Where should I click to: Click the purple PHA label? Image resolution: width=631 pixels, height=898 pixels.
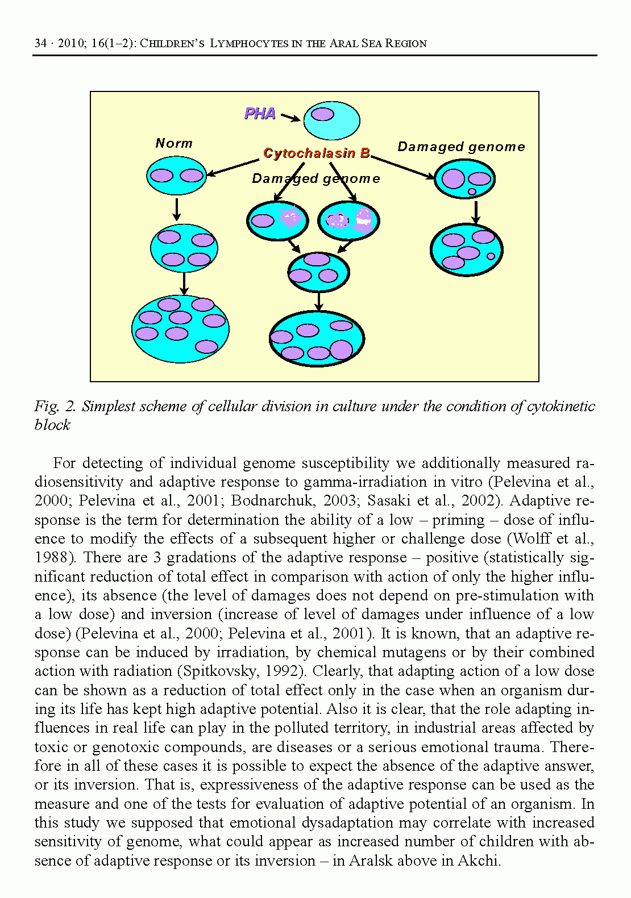pyautogui.click(x=260, y=114)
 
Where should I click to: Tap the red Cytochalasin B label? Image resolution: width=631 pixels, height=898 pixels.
pyautogui.click(x=317, y=153)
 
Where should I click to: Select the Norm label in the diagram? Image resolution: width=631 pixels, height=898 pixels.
pyautogui.click(x=174, y=143)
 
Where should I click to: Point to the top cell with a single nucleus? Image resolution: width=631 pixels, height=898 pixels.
pyautogui.click(x=331, y=120)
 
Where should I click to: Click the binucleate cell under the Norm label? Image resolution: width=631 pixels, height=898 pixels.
pyautogui.click(x=176, y=176)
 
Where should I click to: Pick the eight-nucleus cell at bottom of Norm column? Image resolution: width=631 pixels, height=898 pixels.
pyautogui.click(x=180, y=329)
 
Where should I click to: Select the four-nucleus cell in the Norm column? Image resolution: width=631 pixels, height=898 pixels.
pyautogui.click(x=184, y=248)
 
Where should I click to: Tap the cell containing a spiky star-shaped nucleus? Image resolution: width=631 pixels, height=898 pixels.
pyautogui.click(x=277, y=220)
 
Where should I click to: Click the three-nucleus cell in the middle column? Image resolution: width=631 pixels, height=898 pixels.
pyautogui.click(x=318, y=272)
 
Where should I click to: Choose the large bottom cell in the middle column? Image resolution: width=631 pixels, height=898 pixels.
pyautogui.click(x=317, y=339)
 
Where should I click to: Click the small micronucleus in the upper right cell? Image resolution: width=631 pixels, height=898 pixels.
pyautogui.click(x=472, y=191)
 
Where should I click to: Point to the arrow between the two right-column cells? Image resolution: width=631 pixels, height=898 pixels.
pyautogui.click(x=476, y=212)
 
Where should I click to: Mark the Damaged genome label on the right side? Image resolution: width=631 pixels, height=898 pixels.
pyautogui.click(x=461, y=147)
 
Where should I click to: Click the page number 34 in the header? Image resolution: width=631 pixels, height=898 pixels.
pyautogui.click(x=40, y=43)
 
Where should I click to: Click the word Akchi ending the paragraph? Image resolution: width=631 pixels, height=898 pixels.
pyautogui.click(x=479, y=861)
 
